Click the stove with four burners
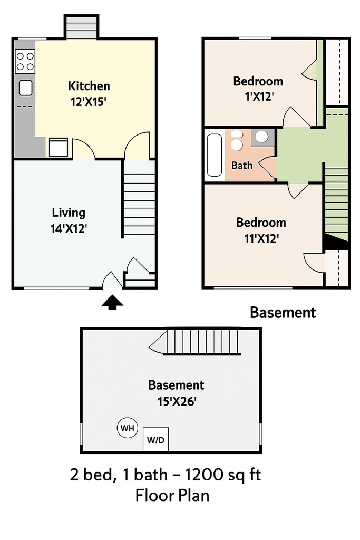[x=25, y=61]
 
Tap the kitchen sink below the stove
[x=25, y=88]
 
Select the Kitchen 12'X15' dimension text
[x=88, y=102]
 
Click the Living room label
[x=69, y=213]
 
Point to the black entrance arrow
[x=112, y=302]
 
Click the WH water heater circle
[x=128, y=428]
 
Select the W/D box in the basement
[x=155, y=439]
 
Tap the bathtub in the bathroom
[x=215, y=155]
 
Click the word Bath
[x=242, y=166]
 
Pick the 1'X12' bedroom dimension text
[x=259, y=97]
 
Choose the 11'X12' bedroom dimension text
[x=261, y=238]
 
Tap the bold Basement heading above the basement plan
[x=283, y=312]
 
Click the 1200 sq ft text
[x=223, y=475]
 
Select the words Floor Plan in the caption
[x=172, y=496]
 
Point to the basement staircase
[x=195, y=342]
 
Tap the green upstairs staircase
[x=336, y=203]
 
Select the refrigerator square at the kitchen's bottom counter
[x=59, y=147]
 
